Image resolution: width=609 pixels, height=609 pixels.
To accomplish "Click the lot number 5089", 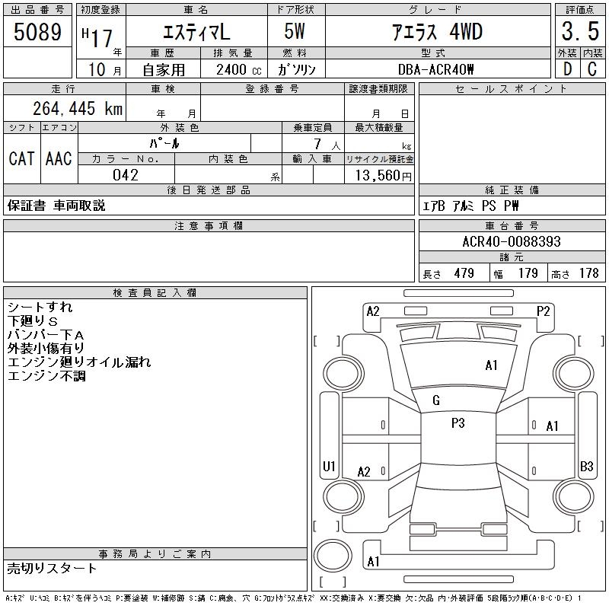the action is (38, 33).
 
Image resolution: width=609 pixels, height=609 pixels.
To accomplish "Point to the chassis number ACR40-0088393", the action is (511, 241).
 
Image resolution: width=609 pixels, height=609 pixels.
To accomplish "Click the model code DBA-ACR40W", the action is (436, 69).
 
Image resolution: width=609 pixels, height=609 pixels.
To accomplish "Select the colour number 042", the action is (125, 175).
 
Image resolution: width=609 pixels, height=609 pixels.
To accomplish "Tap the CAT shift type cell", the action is (21, 158).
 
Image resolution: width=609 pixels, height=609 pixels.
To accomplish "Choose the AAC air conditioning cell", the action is (59, 158).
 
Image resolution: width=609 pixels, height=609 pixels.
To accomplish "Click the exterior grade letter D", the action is (566, 69).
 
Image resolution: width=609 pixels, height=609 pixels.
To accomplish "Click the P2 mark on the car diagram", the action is (543, 311).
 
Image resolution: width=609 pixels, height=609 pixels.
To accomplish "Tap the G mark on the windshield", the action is (436, 400).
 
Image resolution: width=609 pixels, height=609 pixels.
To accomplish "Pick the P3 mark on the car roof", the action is (458, 423).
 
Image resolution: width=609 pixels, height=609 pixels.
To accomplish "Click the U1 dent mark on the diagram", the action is (329, 466).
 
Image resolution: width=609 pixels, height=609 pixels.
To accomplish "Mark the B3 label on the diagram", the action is (586, 466).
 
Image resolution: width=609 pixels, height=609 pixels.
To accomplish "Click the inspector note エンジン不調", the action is (46, 376).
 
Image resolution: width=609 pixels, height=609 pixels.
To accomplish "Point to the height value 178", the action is (588, 273).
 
